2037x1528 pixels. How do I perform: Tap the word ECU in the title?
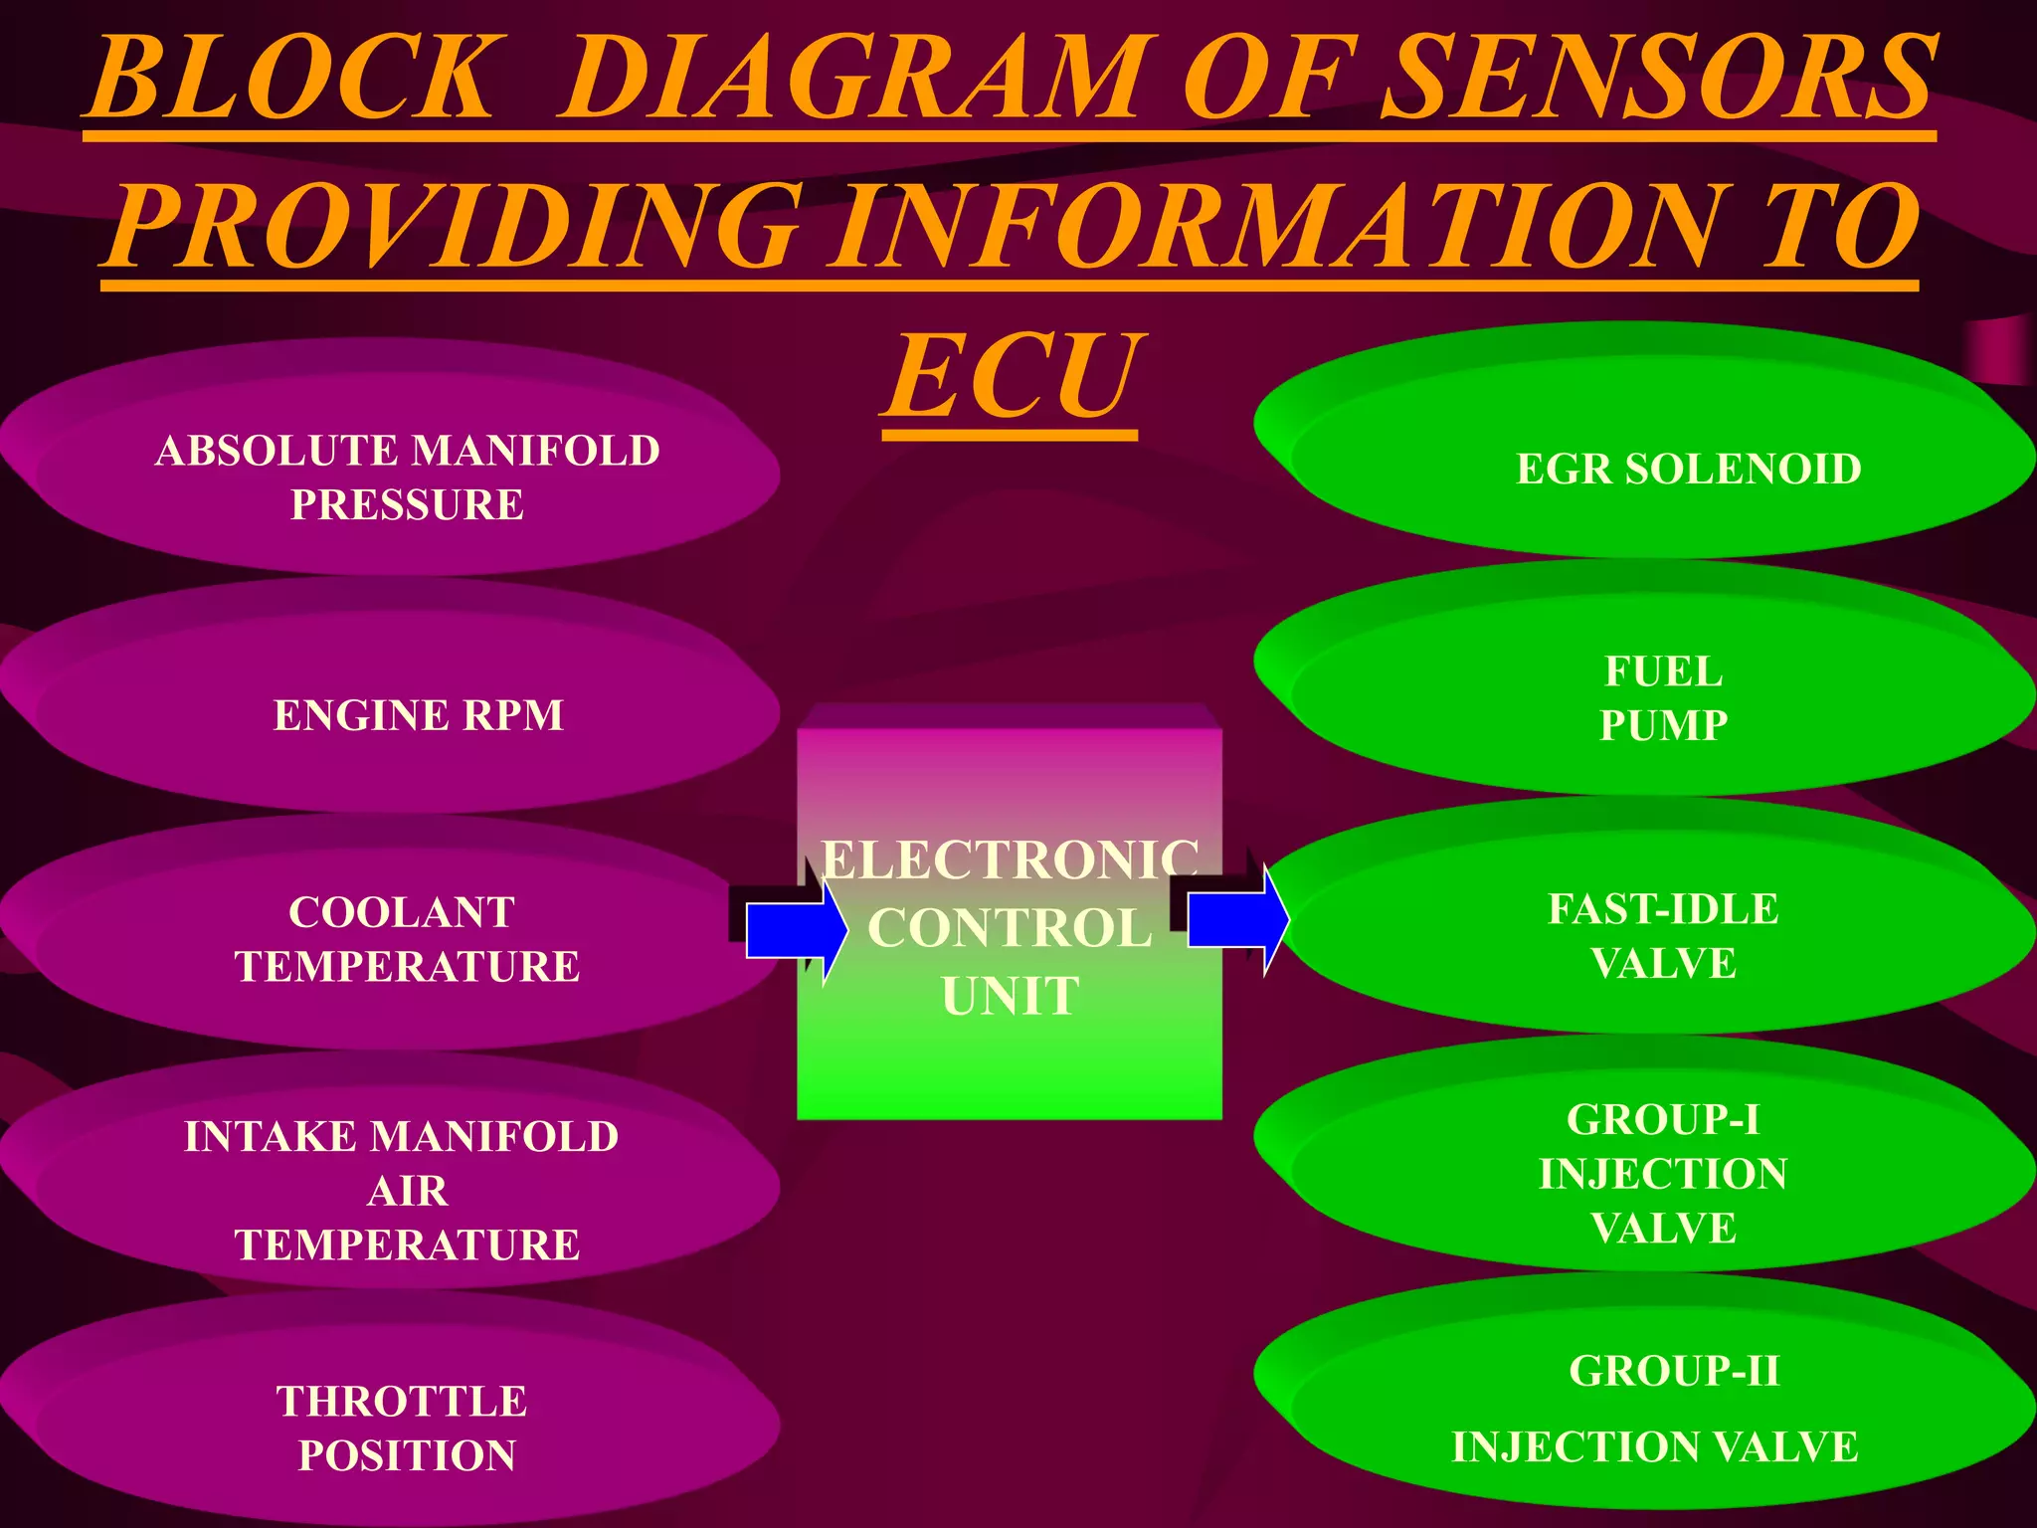(1011, 378)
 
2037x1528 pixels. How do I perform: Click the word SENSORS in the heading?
(1659, 80)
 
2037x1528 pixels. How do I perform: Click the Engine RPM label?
(418, 715)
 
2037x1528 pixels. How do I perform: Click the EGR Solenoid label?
(1688, 470)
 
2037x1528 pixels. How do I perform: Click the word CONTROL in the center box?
(1010, 928)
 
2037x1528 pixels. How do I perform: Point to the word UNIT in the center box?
(1010, 996)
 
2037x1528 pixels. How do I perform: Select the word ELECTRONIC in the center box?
(1010, 859)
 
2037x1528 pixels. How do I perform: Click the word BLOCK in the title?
(293, 80)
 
